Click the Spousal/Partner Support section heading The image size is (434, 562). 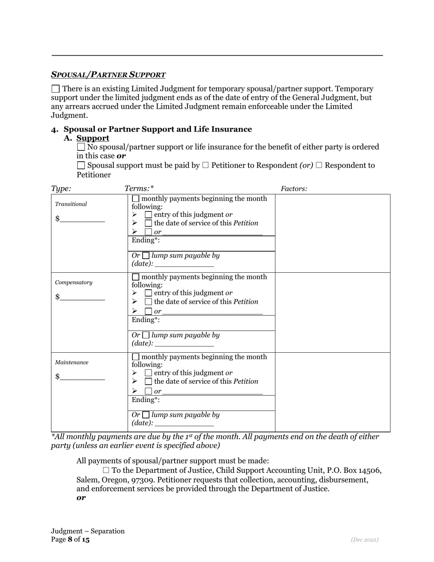point(108,74)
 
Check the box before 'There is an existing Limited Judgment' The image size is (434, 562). point(55,89)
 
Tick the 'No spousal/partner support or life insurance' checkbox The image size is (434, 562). point(81,147)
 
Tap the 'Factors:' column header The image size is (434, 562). point(294,189)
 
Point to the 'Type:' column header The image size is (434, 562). point(61,189)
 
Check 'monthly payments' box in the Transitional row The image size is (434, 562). point(136,199)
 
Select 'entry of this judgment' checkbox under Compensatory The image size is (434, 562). point(148,293)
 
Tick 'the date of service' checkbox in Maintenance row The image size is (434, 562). point(148,381)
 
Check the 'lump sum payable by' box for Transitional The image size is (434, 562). point(146,256)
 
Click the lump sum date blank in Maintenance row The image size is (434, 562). point(184,424)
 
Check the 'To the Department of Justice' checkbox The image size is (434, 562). point(106,470)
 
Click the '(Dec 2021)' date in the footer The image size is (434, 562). point(364,540)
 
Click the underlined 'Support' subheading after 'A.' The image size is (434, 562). point(93,138)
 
